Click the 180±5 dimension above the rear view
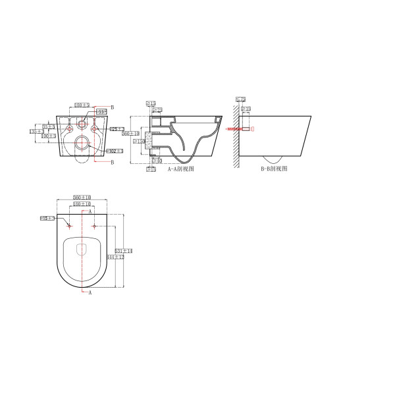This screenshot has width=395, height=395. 82,105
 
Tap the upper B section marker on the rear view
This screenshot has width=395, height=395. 112,107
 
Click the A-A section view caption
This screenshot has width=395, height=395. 180,169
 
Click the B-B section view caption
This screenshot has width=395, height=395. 274,169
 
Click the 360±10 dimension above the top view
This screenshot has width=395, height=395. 82,197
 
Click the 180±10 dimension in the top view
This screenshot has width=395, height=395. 82,204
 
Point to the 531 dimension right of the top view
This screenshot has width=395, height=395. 124,251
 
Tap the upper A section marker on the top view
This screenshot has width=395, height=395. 90,213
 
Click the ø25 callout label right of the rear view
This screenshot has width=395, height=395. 117,128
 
